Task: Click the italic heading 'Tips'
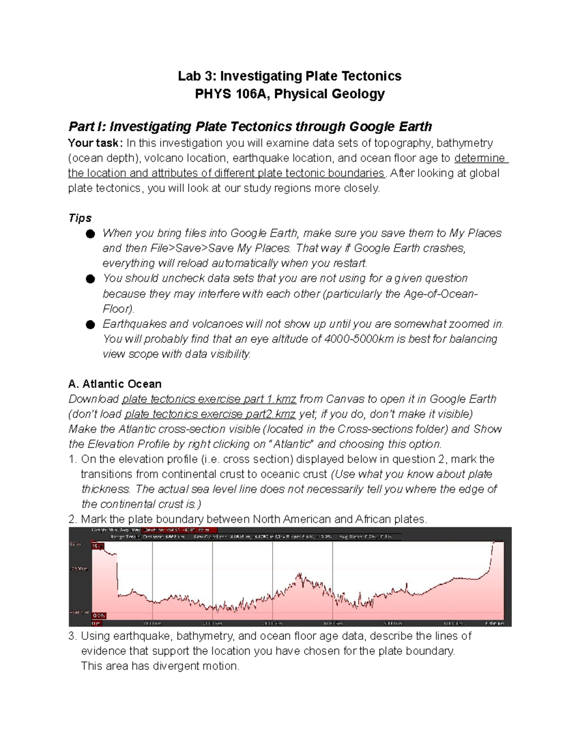pyautogui.click(x=80, y=218)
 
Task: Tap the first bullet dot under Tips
pyautogui.click(x=90, y=234)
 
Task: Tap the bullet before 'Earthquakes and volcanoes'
pyautogui.click(x=90, y=324)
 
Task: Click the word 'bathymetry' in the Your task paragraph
pyautogui.click(x=464, y=143)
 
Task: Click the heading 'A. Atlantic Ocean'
pyautogui.click(x=115, y=384)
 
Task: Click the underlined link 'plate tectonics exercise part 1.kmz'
pyautogui.click(x=209, y=399)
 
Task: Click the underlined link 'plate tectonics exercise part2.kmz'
pyautogui.click(x=210, y=414)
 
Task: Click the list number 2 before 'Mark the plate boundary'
pyautogui.click(x=72, y=520)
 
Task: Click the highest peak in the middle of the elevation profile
pyautogui.click(x=299, y=574)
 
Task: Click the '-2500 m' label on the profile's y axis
pyautogui.click(x=78, y=569)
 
